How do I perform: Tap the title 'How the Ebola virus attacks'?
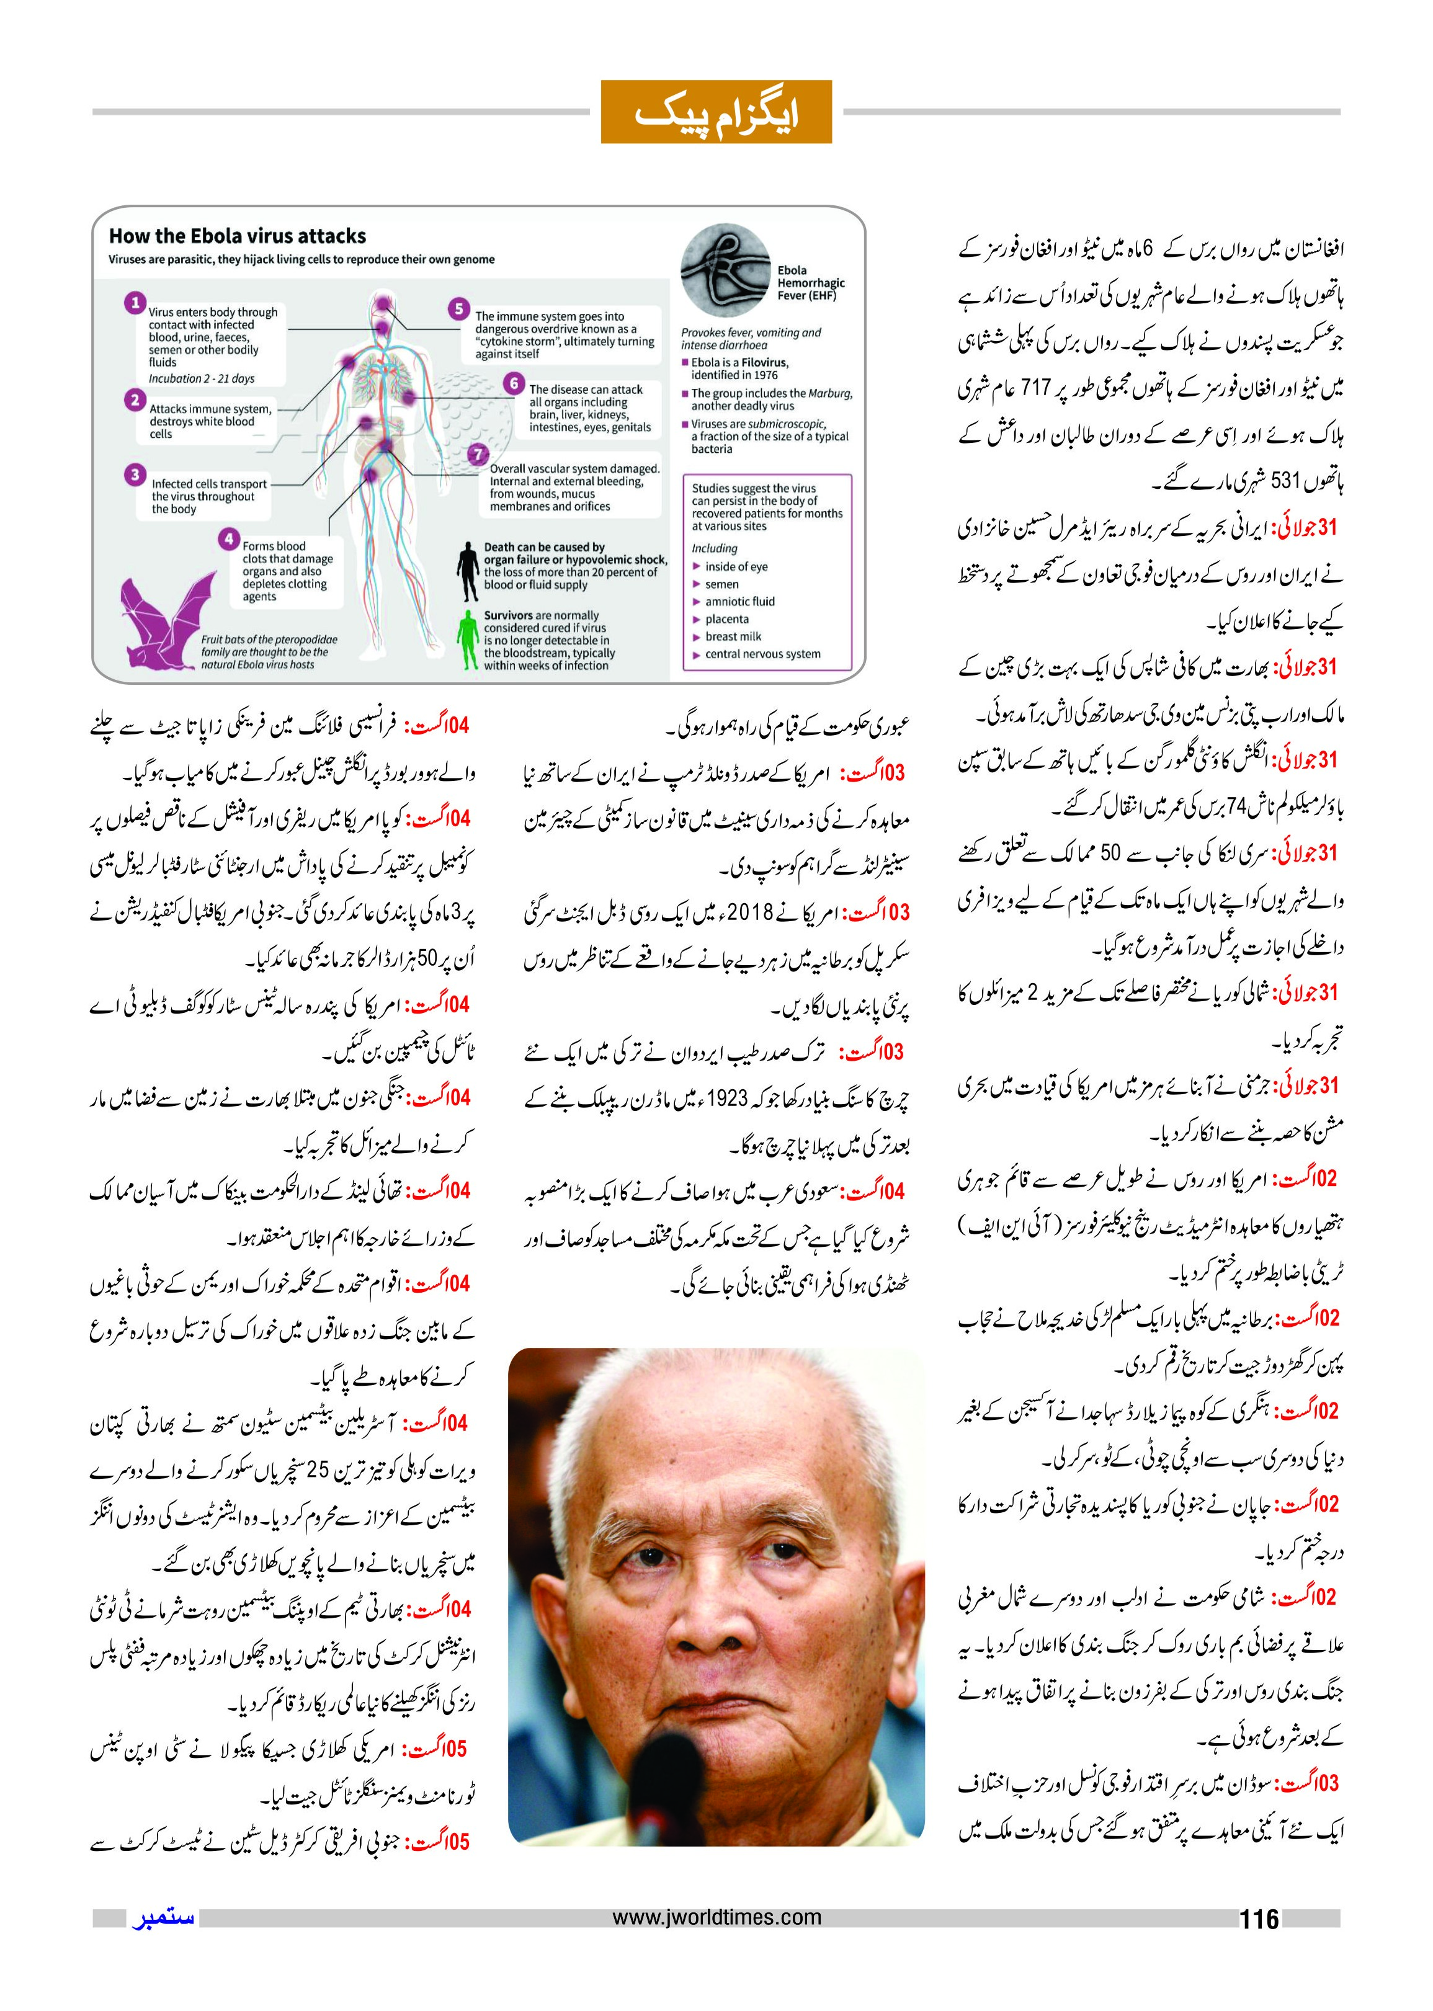pos(238,236)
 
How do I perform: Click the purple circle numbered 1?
pos(135,303)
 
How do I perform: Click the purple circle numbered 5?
pos(458,309)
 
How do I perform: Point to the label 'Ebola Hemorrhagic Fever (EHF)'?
pos(810,283)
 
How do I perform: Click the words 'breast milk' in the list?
pos(733,636)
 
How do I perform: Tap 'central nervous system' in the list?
pos(762,654)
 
